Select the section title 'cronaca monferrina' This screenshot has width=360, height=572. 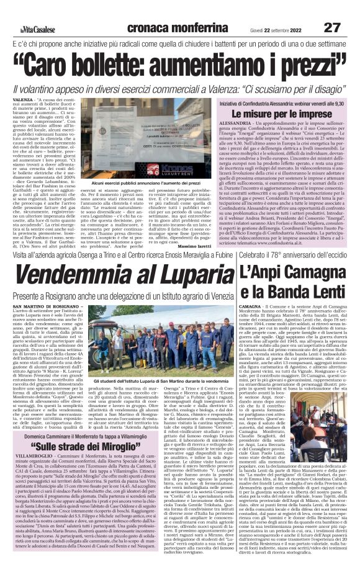pos(170,27)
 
